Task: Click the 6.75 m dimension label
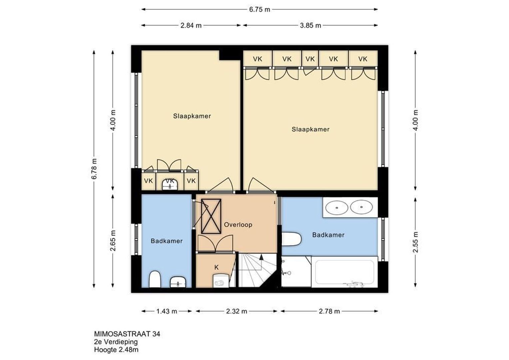coord(259,10)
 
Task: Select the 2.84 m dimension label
coord(191,25)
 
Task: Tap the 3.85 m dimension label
coord(310,25)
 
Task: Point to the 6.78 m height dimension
coord(94,169)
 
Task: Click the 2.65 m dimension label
coord(113,240)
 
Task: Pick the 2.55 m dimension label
coord(415,242)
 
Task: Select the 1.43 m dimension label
coord(167,311)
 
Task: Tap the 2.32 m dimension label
coord(236,311)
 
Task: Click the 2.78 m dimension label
coord(329,311)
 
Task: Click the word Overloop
coord(238,225)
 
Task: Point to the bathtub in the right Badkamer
coord(344,272)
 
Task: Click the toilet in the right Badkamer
coord(291,239)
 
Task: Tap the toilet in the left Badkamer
coord(155,279)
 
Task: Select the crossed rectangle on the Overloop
coord(211,216)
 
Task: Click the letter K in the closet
coord(216,267)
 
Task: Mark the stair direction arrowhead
coord(261,257)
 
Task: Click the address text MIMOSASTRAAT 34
coord(127,334)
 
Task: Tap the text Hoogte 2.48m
coord(116,350)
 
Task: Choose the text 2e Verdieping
coord(116,342)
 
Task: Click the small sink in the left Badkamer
coord(178,282)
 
